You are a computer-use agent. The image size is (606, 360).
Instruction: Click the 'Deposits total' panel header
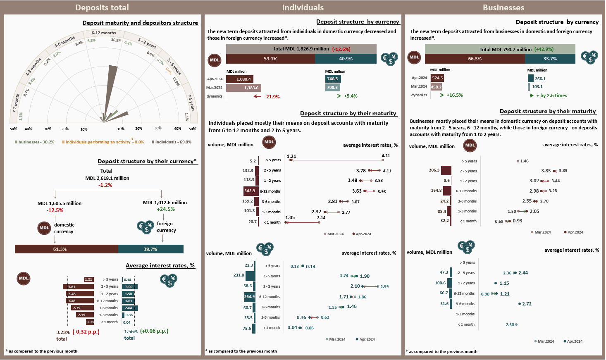coord(102,7)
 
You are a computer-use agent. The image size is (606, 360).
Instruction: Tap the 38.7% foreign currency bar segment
coord(151,249)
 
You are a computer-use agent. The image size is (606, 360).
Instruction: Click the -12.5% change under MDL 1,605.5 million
coord(55,210)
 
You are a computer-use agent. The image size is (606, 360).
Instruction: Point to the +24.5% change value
coord(166,209)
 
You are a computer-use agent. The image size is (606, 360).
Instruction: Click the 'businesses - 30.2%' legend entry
coord(35,142)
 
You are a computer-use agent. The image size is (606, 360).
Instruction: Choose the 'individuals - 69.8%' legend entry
coord(172,142)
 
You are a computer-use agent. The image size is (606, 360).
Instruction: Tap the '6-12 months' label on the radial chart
coord(104,33)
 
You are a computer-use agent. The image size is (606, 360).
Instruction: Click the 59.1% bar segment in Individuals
coord(270,59)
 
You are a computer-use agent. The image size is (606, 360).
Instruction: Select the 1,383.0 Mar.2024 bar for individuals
coord(243,88)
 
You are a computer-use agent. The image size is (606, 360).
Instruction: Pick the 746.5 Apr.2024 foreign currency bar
coord(333,79)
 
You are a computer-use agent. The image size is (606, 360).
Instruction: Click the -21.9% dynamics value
coord(272,97)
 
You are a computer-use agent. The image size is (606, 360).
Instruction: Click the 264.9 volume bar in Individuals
coord(250,296)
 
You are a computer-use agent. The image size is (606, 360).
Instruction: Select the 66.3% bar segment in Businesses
coord(475,59)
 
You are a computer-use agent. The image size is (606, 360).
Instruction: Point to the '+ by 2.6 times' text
coord(551,95)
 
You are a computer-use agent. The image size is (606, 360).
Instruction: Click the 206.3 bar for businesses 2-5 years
coord(446,170)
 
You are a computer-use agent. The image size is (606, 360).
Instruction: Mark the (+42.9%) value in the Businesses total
coord(544,49)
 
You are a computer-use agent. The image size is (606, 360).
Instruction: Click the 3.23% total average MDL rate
coord(63,332)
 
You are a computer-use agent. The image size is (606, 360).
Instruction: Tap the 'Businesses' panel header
coord(503,7)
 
